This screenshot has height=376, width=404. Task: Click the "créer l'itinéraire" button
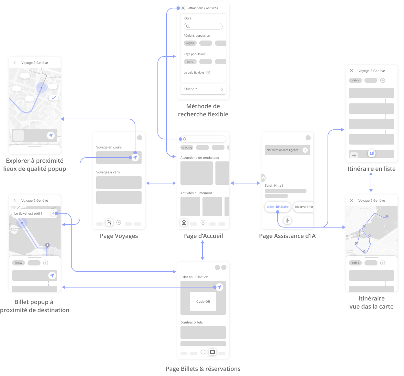[x=277, y=206]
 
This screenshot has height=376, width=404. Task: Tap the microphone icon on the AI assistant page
[x=287, y=220]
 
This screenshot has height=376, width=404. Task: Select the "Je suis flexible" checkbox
[x=208, y=73]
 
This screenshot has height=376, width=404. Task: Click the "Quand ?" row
[x=203, y=89]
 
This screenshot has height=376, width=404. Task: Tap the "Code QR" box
[x=203, y=301]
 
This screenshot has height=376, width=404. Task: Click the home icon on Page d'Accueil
[x=184, y=222]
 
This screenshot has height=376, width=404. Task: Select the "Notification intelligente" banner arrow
[x=305, y=150]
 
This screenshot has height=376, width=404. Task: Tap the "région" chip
[x=190, y=43]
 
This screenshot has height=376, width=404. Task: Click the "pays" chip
[x=190, y=62]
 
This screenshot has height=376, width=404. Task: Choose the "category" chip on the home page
[x=187, y=147]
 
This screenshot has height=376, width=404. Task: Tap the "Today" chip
[x=18, y=263]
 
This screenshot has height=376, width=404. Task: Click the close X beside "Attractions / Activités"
[x=183, y=8]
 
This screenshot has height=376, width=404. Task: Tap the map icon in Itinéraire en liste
[x=372, y=153]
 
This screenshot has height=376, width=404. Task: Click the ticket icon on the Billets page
[x=213, y=352]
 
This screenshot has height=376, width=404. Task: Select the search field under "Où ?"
[x=203, y=26]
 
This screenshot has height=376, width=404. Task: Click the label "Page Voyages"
[x=119, y=236]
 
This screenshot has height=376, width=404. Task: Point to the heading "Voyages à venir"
[x=108, y=172]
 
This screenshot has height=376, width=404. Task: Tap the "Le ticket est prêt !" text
[x=28, y=213]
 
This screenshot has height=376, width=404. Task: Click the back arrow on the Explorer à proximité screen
[x=15, y=63]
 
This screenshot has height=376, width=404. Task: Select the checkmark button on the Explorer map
[x=54, y=98]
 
